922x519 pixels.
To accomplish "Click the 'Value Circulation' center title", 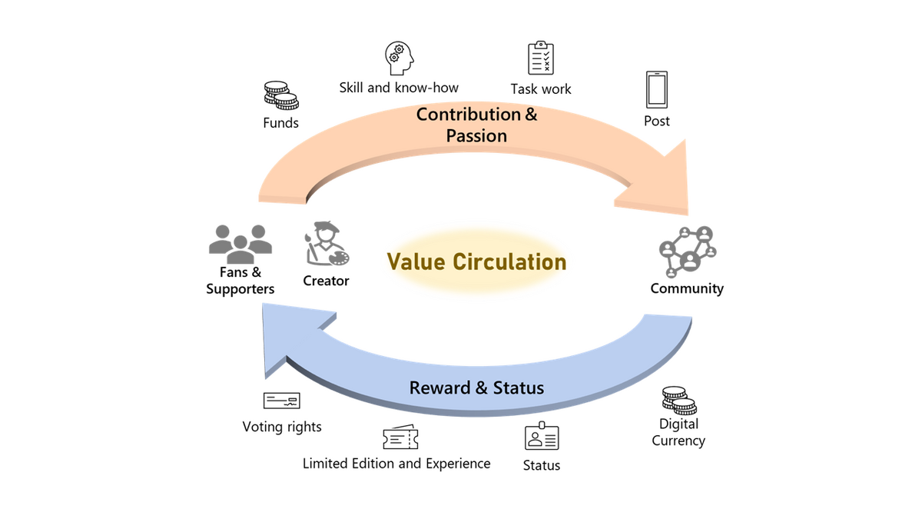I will [x=476, y=261].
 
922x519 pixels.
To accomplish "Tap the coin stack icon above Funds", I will [x=281, y=96].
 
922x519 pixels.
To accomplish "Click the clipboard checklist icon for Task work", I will [x=541, y=58].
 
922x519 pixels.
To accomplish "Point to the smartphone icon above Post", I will [x=657, y=90].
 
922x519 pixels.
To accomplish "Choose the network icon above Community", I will [x=687, y=251].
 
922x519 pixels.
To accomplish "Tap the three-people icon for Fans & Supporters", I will [x=240, y=242].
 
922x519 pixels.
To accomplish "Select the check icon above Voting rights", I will [x=281, y=401].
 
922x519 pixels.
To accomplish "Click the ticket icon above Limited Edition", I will [x=400, y=437].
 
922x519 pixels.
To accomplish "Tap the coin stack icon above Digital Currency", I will [x=678, y=401].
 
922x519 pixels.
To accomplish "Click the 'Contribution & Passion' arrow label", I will [x=477, y=125].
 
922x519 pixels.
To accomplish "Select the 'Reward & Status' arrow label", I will [x=476, y=388].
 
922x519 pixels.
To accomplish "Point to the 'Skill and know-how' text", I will [x=399, y=88].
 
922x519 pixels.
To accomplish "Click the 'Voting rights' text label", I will [x=282, y=427].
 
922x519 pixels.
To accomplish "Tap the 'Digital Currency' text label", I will [x=678, y=432].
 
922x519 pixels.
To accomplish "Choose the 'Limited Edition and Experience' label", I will [x=396, y=464].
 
